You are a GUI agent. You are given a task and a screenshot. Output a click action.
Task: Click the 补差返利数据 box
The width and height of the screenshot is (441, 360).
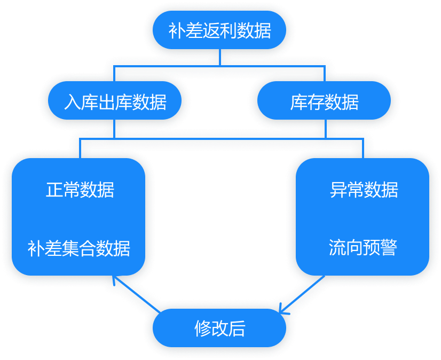pos(219,30)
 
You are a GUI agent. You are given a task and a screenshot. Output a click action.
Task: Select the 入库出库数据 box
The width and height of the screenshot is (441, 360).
pos(115,101)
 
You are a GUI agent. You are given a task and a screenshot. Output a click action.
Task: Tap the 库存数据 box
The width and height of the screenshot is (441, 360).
pos(324,101)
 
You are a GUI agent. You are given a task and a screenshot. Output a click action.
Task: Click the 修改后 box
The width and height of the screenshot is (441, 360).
pos(219,328)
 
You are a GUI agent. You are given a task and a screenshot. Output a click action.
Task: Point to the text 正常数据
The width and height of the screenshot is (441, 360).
pos(80,190)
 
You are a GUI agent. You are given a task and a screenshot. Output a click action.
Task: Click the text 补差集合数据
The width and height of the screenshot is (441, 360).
pos(79,248)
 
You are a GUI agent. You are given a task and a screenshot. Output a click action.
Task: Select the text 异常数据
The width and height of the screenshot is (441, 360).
pos(364,190)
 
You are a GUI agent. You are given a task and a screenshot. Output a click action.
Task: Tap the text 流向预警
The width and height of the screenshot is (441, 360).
pos(363,247)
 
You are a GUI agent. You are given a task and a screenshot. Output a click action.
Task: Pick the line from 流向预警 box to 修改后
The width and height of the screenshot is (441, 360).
pos(304,293)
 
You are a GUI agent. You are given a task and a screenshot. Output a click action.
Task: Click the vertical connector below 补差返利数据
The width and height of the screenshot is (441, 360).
pos(219,58)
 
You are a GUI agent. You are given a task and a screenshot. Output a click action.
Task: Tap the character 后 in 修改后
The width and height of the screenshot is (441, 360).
pos(237,328)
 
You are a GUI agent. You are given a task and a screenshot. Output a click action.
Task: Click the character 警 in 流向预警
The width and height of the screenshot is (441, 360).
pos(389,247)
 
